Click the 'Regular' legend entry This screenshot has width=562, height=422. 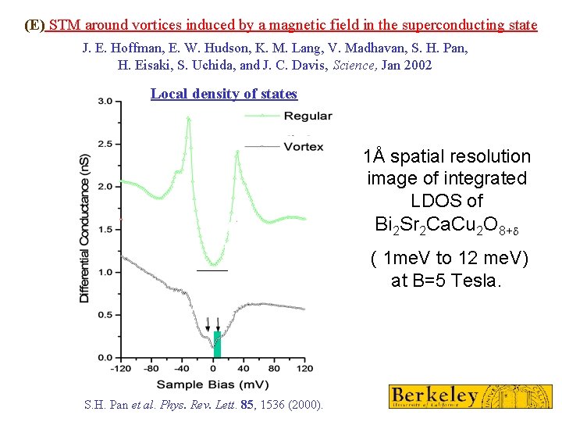pos(308,116)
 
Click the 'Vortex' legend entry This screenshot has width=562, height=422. pos(304,146)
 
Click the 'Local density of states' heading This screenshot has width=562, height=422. pos(224,94)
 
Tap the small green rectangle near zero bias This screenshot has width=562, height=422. pos(218,345)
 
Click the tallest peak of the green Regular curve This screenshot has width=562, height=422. pos(188,118)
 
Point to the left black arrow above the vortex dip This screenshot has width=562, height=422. pos(208,323)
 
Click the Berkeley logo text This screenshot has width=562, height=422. pos(436,395)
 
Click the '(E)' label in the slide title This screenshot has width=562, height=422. pos(34,25)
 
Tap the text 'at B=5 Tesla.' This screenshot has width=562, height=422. pos(446,280)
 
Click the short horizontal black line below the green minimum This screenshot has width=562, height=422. pos(212,270)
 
